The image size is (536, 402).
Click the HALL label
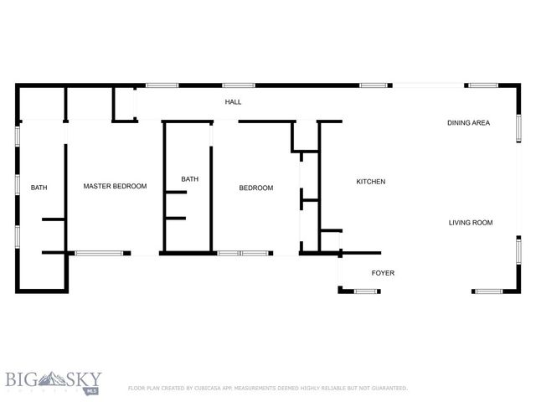(233, 102)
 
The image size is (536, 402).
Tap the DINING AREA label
(467, 123)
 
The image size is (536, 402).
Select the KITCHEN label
(370, 182)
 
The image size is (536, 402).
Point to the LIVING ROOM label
(470, 223)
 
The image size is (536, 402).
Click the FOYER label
(383, 273)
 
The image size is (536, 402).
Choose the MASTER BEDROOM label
(115, 186)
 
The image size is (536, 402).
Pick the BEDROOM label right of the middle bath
(256, 188)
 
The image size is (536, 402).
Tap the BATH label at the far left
(39, 188)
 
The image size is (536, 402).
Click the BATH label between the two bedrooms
(190, 178)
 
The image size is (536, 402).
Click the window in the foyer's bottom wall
(366, 291)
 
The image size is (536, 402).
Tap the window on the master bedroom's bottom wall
(99, 252)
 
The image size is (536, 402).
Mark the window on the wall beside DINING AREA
(518, 127)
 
